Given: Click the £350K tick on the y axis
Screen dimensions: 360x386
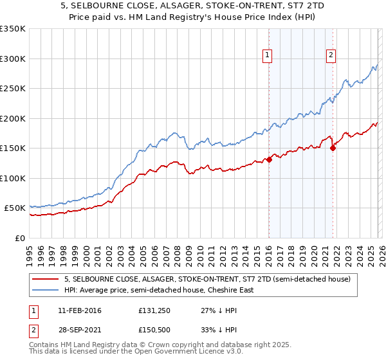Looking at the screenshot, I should [x=12, y=29].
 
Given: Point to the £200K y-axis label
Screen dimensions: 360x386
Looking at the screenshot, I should [x=12, y=118].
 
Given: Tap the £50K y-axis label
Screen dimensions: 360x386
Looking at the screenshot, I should [x=14, y=208].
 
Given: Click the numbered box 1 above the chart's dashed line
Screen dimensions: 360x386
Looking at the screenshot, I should [x=267, y=56].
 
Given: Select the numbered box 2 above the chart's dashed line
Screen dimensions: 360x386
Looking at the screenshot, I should [x=331, y=56].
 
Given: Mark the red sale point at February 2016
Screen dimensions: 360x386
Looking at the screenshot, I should [x=269, y=159].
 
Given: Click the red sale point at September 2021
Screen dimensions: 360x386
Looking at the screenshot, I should [x=333, y=148].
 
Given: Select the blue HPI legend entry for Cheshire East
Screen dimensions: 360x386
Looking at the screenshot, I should [x=159, y=290].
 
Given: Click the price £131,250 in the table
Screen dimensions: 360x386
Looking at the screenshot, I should [x=153, y=310].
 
